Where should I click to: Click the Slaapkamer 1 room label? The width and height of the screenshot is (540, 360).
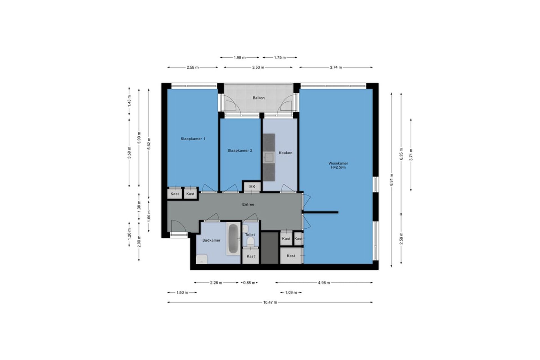193,139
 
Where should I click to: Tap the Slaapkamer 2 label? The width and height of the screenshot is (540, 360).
240,150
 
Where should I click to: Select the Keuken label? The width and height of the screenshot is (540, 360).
285,153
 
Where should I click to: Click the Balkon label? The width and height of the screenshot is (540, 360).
258,98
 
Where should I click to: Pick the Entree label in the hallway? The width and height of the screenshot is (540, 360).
248,204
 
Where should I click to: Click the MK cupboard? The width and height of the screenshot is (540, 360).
252,187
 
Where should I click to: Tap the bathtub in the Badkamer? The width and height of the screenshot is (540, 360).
233,239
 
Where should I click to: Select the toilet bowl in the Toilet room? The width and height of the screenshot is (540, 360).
250,242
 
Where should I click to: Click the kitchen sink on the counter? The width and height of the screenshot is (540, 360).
269,157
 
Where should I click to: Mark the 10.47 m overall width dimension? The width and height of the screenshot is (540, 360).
270,302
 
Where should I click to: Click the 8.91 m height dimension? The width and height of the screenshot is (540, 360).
391,180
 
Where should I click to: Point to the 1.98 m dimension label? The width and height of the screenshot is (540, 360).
240,57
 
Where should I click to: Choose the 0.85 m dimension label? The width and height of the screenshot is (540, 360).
249,283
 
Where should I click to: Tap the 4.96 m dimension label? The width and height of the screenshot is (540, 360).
324,283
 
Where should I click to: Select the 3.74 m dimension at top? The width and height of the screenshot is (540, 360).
336,67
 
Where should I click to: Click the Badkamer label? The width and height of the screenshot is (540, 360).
211,240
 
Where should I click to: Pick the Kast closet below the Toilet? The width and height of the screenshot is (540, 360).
251,256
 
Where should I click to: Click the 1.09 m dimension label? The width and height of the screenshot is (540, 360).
291,292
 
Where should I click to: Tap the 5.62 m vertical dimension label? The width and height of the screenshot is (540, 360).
149,145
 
